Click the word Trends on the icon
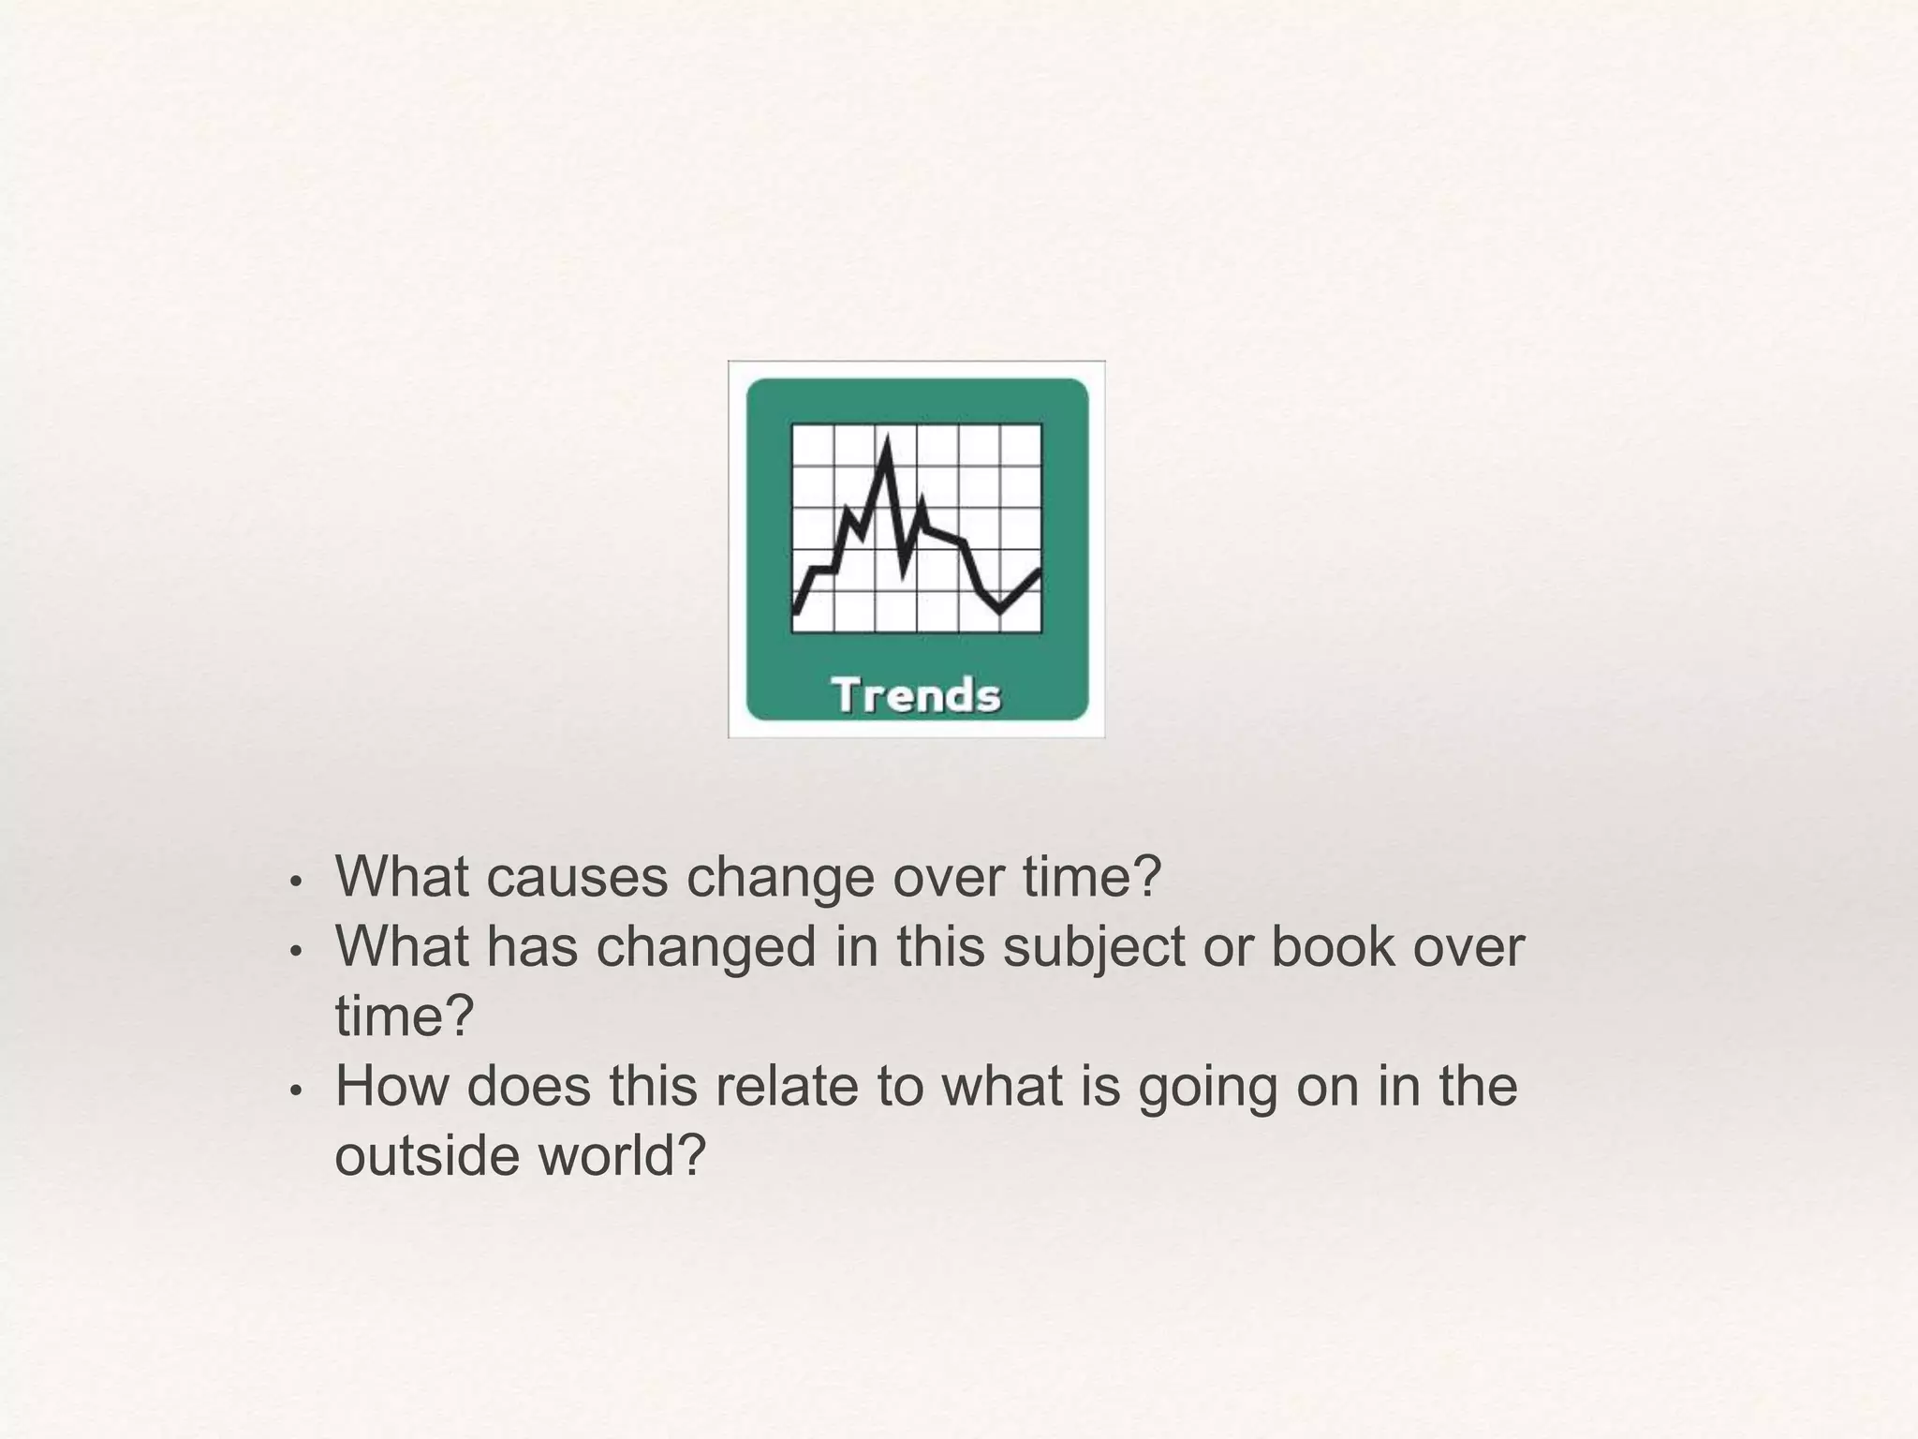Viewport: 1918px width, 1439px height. click(x=916, y=696)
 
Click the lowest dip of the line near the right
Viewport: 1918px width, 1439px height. click(x=1000, y=610)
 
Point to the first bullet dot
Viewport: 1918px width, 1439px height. click(x=295, y=883)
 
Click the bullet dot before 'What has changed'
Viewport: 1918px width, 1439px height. click(x=295, y=952)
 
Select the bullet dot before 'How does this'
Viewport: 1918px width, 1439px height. click(x=295, y=1091)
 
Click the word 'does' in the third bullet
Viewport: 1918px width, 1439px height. click(x=529, y=1086)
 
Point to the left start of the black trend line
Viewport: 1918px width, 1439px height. click(x=796, y=611)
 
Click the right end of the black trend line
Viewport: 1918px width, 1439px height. click(x=1039, y=571)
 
